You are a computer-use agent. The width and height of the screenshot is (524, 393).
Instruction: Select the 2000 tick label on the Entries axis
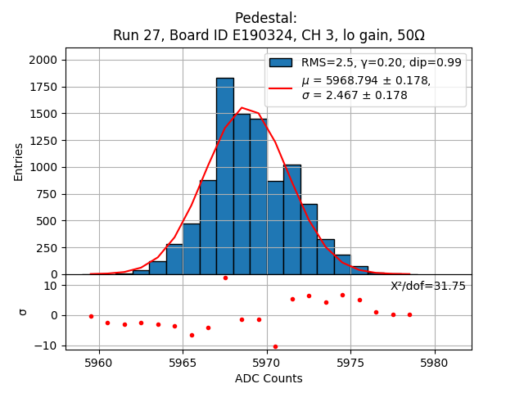tap(43, 60)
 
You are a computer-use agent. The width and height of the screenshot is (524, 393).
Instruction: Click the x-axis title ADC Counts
tap(269, 378)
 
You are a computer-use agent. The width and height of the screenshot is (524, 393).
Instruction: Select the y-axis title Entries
tap(19, 160)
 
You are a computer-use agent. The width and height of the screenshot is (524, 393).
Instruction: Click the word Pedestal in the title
tap(266, 18)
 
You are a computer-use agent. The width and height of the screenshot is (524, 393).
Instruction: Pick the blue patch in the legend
tap(281, 62)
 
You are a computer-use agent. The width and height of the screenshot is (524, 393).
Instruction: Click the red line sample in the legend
tap(281, 87)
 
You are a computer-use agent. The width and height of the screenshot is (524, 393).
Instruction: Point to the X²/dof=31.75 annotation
tap(427, 286)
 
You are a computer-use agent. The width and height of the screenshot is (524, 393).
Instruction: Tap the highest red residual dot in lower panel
tap(225, 278)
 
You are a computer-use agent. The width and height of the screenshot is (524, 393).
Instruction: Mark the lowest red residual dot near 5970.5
tap(275, 346)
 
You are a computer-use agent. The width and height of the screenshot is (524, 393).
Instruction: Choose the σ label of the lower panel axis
tap(23, 311)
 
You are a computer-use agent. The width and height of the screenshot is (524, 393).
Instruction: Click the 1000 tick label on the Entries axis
tap(43, 167)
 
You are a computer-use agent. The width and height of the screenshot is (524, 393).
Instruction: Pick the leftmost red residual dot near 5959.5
tap(91, 316)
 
